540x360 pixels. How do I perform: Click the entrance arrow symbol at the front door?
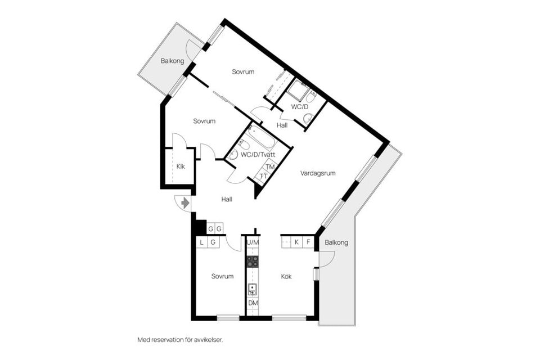click(x=185, y=203)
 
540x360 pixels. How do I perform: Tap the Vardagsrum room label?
click(x=317, y=173)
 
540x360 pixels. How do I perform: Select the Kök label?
click(x=286, y=276)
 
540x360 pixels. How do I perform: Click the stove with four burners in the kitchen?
click(x=253, y=262)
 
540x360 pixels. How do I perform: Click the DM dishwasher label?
click(x=253, y=303)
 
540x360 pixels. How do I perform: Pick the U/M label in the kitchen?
click(x=253, y=242)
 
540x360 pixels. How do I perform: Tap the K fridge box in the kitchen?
click(x=296, y=242)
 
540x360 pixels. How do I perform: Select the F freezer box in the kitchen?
click(x=308, y=242)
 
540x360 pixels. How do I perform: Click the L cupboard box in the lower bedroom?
click(x=201, y=242)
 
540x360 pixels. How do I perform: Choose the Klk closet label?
click(x=181, y=166)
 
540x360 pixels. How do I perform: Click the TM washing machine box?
click(x=271, y=167)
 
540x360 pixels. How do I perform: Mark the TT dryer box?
click(x=264, y=176)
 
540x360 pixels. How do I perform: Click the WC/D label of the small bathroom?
click(x=300, y=107)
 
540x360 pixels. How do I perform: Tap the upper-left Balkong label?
click(x=172, y=61)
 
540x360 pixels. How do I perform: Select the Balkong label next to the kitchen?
click(x=336, y=242)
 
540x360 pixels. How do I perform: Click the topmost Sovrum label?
click(x=243, y=71)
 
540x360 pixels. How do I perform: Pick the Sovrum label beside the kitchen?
click(x=222, y=276)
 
